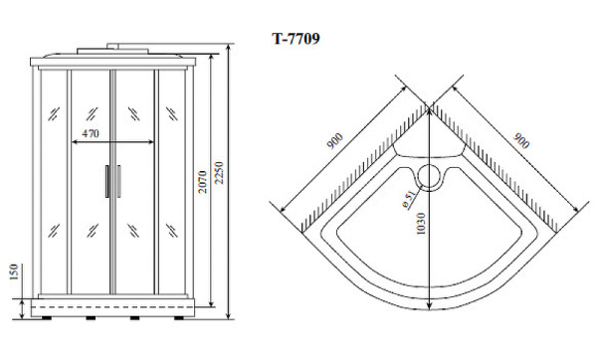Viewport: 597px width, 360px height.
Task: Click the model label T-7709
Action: [x=296, y=39]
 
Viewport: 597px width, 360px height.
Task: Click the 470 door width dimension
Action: [x=91, y=133]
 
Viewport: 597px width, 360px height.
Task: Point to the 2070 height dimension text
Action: [x=203, y=182]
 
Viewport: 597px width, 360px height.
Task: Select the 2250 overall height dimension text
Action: [x=219, y=173]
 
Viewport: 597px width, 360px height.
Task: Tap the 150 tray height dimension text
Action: [x=13, y=271]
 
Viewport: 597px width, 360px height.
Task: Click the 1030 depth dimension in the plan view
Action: [x=420, y=224]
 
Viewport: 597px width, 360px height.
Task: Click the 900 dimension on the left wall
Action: [x=335, y=141]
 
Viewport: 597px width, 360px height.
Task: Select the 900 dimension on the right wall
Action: [x=520, y=141]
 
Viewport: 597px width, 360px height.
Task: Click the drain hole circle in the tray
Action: [x=430, y=177]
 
